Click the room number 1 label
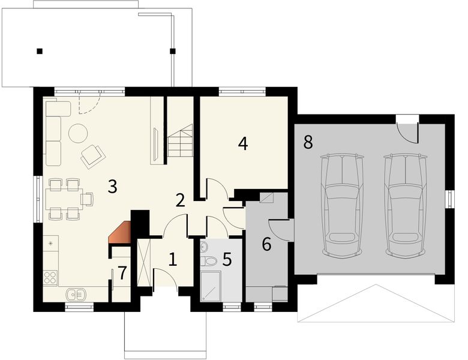point(173,259)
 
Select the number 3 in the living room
point(112,186)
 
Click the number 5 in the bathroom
point(227,259)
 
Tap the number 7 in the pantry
point(122,273)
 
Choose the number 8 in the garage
point(308,142)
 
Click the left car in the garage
point(342,205)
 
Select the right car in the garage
point(406,205)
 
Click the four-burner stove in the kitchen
point(50,277)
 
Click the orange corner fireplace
point(121,233)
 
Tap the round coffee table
point(78,133)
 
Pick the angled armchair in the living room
point(92,155)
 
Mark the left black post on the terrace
point(39,51)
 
